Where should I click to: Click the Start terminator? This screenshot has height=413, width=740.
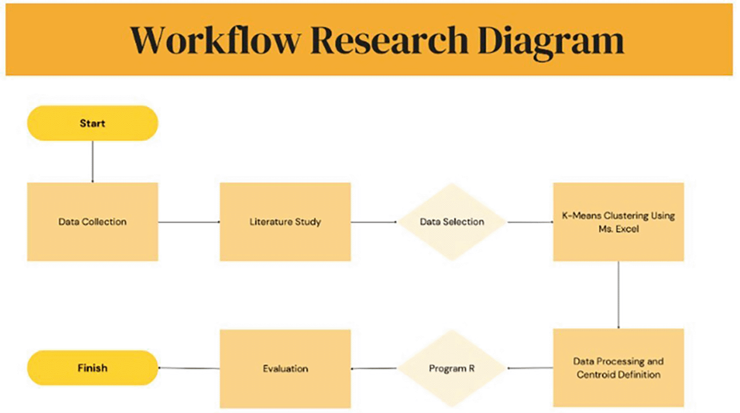point(92,123)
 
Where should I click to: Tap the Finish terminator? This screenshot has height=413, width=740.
point(92,368)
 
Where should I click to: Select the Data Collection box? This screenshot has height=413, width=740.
point(92,222)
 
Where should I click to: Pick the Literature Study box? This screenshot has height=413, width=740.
point(285,222)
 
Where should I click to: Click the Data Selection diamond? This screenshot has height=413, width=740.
point(452,222)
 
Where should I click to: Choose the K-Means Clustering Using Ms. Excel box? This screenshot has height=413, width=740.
point(618,222)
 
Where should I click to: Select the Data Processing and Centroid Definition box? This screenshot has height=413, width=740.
point(618,368)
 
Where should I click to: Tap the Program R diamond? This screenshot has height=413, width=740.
point(452,368)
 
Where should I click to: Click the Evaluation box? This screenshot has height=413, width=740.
point(285,368)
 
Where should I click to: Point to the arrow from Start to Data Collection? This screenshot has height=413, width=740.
point(92,161)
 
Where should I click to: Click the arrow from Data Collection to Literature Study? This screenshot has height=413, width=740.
point(189,222)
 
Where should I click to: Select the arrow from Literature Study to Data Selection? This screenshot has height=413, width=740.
point(374,222)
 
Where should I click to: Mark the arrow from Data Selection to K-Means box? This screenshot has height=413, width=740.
point(530,222)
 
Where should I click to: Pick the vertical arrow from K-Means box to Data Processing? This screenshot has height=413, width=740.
point(619,295)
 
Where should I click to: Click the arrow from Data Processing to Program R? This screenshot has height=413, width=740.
point(530,368)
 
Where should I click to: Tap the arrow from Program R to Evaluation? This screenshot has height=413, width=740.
point(374,369)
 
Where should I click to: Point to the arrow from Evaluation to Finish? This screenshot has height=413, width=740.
point(189,368)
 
